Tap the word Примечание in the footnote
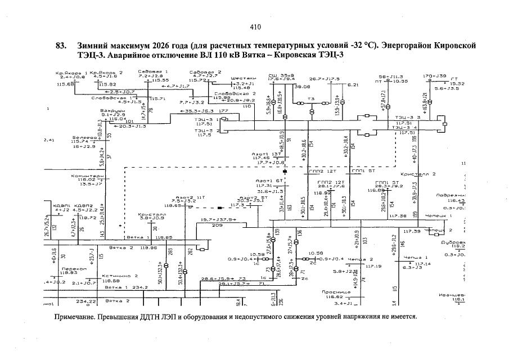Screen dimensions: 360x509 (x=75, y=316)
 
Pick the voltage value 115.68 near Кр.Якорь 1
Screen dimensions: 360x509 (x=66, y=84)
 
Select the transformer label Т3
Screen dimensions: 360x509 (x=311, y=100)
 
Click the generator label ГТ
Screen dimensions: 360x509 (x=455, y=78)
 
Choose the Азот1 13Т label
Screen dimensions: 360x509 (x=267, y=154)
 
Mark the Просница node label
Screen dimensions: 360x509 (x=337, y=292)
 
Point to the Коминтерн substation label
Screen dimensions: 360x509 (x=87, y=176)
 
